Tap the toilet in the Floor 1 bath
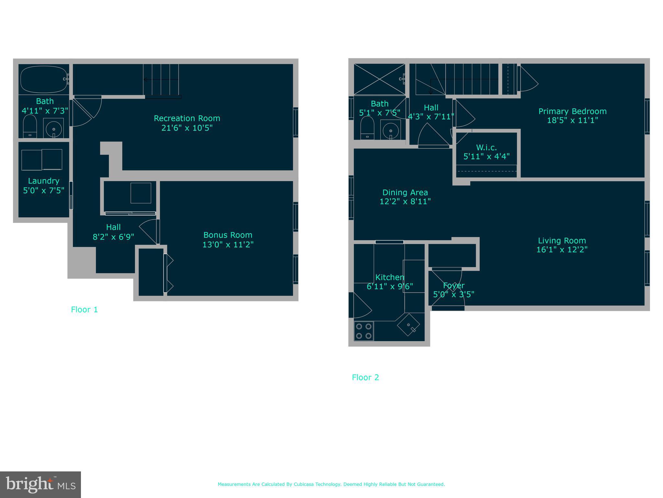point(30,126)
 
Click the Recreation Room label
point(187,118)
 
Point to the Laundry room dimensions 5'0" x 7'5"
point(44,190)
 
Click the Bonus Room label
point(228,235)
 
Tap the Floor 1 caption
point(84,310)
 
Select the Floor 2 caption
point(365,377)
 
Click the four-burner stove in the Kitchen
point(364,331)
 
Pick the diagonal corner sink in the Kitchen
point(409,325)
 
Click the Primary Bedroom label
point(572,111)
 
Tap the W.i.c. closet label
point(486,148)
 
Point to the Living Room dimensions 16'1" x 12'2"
point(562,249)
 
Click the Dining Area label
point(405,193)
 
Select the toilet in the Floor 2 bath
point(367,128)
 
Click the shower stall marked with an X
point(379,79)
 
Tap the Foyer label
point(454,286)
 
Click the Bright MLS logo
point(40,485)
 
